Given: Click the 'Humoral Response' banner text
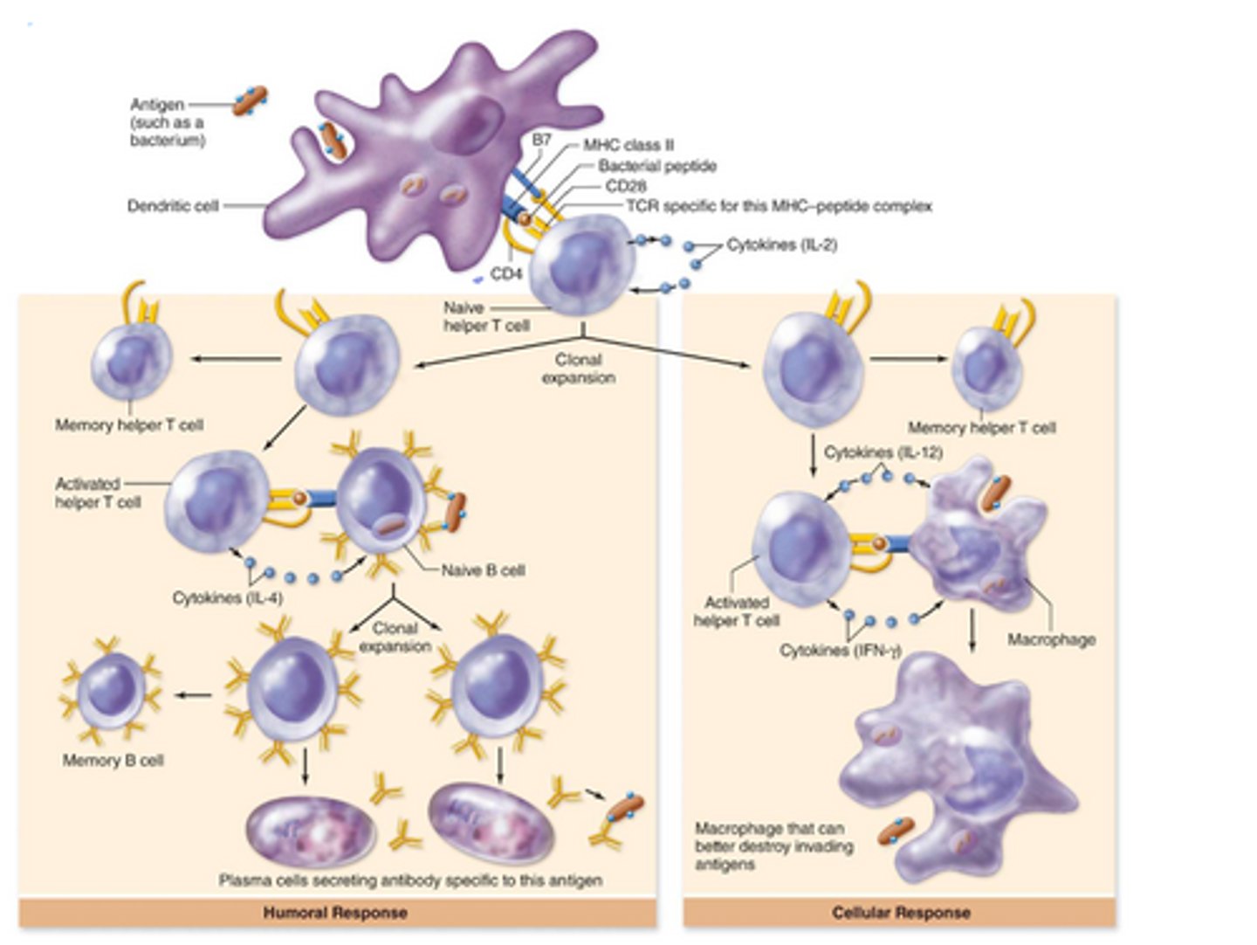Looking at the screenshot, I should [335, 913].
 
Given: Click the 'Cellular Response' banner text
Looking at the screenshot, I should [901, 913].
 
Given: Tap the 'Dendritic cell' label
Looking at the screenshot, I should [172, 206].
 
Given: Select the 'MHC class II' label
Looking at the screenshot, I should [628, 145].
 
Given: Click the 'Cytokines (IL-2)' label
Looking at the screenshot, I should [781, 245].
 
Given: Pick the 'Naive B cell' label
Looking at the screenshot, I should [483, 570].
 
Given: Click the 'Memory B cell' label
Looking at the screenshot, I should [113, 760].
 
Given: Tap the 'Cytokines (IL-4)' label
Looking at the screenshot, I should [227, 598].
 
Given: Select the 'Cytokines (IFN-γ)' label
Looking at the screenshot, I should [840, 651].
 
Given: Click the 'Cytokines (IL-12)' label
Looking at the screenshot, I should [883, 452].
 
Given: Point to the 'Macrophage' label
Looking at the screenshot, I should [1051, 639].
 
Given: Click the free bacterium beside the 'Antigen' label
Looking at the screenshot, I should [249, 101].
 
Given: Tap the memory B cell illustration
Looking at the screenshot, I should [111, 692].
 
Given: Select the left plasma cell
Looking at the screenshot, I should [311, 830].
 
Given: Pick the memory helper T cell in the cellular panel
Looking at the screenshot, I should [986, 367].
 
